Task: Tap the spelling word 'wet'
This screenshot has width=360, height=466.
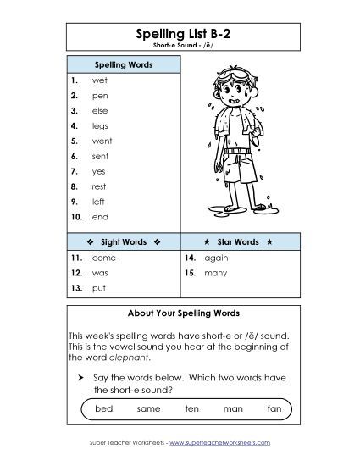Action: pos(99,80)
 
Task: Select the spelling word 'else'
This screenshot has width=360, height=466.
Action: pos(100,111)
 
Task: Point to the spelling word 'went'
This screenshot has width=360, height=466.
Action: pos(102,141)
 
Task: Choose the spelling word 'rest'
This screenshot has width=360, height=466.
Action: pos(99,186)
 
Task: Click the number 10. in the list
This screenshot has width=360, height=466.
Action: pos(76,217)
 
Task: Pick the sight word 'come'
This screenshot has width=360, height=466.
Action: pos(103,257)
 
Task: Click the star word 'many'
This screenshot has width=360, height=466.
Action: pos(215,273)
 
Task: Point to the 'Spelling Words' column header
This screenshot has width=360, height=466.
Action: pos(123,64)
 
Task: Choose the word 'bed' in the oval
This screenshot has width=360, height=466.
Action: pos(103,409)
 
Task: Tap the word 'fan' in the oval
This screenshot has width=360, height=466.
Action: pos(273,409)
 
